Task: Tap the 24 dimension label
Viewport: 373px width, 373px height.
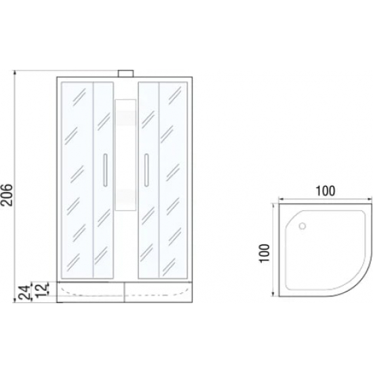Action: pos(24,292)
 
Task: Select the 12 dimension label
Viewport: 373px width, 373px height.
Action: pos(41,290)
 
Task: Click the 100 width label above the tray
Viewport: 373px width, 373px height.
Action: pos(325,191)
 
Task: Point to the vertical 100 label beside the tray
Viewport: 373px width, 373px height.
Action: pos(264,253)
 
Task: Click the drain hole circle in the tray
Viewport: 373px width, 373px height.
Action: pos(302,226)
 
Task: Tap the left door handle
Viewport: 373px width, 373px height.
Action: pos(105,170)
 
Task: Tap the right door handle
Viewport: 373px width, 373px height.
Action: pos(146,170)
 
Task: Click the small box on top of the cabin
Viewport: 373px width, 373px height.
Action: pos(126,73)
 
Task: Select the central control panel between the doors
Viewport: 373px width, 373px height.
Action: pos(125,155)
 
